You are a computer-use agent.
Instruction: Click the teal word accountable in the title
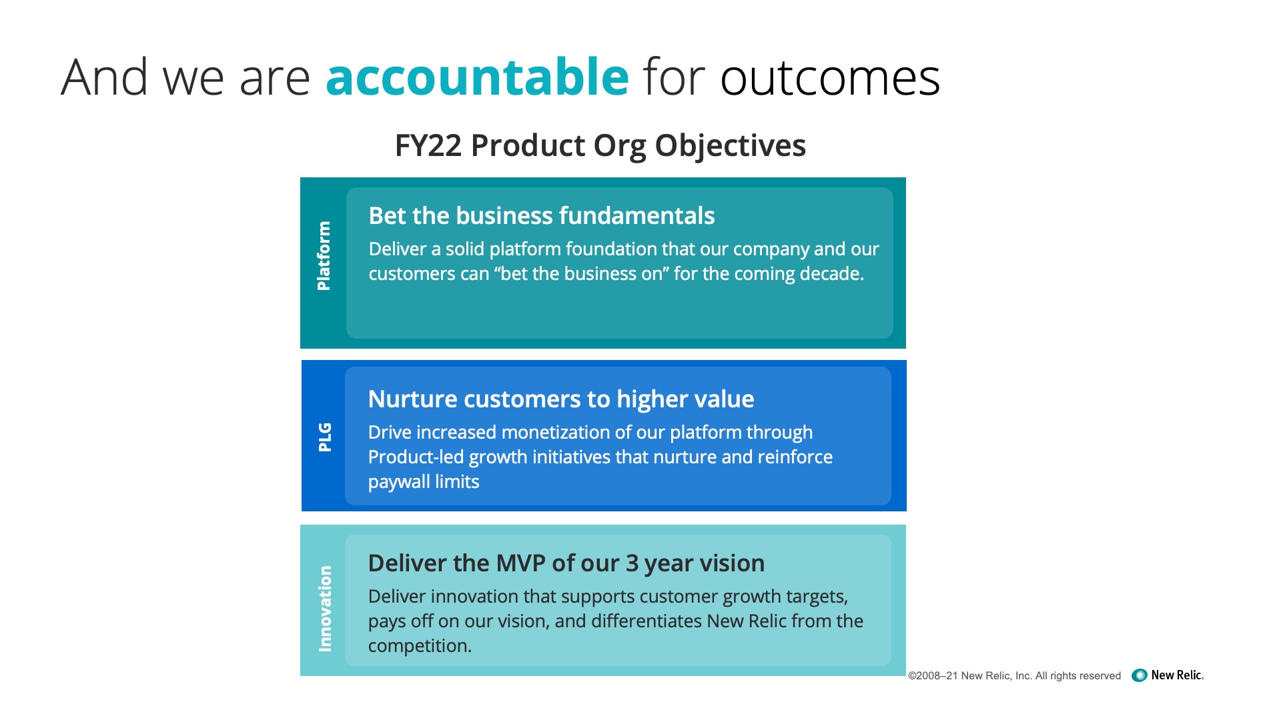[477, 77]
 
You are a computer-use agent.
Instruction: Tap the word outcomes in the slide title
[830, 78]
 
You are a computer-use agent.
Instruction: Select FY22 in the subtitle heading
[428, 145]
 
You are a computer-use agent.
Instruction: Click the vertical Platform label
[324, 256]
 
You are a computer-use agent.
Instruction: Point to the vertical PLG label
[325, 437]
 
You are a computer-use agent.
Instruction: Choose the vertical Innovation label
[325, 609]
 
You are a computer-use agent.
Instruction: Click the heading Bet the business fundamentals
[541, 215]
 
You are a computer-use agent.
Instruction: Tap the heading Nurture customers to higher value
[561, 399]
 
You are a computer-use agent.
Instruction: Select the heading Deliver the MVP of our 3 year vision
[566, 563]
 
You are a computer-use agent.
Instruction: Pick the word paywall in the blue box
[399, 482]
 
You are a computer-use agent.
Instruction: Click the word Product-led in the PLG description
[416, 457]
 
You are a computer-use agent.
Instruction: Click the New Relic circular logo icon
[1140, 675]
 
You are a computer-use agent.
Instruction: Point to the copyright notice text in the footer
[1014, 675]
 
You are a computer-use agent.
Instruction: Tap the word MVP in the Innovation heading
[518, 563]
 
